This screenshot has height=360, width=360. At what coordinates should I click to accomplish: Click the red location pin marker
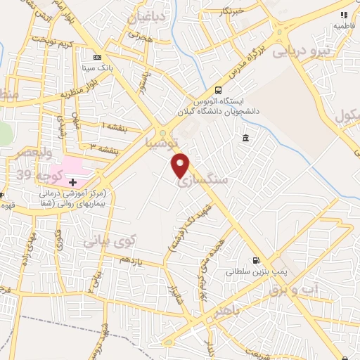181,165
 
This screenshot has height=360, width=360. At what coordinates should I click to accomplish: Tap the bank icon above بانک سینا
97,57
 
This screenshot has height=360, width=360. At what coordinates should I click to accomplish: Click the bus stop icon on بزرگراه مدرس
218,90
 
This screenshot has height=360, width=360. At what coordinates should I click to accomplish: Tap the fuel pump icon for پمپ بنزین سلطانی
255,260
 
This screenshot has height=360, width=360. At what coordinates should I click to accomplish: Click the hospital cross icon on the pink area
72,182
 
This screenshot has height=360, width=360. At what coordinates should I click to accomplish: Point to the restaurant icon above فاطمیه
344,14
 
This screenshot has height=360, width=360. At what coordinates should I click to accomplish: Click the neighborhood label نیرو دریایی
300,50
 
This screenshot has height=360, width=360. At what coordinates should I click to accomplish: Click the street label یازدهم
131,261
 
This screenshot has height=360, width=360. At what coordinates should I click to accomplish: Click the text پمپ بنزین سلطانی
249,271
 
